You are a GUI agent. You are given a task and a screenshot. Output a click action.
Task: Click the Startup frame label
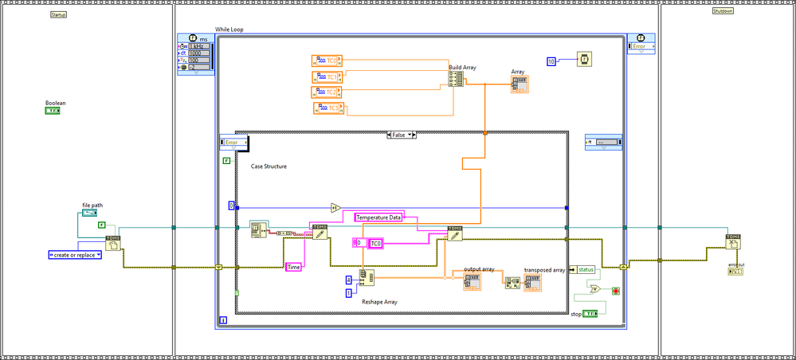pyautogui.click(x=58, y=15)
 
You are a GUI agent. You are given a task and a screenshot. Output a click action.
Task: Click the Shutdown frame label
pyautogui.click(x=723, y=10)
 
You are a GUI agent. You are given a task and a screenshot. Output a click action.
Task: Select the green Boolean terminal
pyautogui.click(x=53, y=112)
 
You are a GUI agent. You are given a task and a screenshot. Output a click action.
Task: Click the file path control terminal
pyautogui.click(x=89, y=213)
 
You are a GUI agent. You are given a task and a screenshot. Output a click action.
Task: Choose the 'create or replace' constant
pyautogui.click(x=73, y=255)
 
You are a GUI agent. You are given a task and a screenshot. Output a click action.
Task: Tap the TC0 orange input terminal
pyautogui.click(x=326, y=60)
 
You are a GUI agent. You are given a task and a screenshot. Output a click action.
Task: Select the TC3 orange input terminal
pyautogui.click(x=326, y=108)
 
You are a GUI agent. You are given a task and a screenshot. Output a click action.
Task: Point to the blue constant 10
pyautogui.click(x=551, y=61)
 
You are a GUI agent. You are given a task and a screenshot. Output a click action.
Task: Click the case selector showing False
pyautogui.click(x=401, y=135)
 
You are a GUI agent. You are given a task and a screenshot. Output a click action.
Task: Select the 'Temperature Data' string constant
pyautogui.click(x=379, y=217)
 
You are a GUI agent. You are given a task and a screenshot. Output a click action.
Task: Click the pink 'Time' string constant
pyautogui.click(x=293, y=267)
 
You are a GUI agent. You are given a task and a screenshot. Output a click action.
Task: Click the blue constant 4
pyautogui.click(x=348, y=279)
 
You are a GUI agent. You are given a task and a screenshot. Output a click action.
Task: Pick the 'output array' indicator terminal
pyautogui.click(x=473, y=281)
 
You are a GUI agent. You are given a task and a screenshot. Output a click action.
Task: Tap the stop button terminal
pyautogui.click(x=589, y=315)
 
